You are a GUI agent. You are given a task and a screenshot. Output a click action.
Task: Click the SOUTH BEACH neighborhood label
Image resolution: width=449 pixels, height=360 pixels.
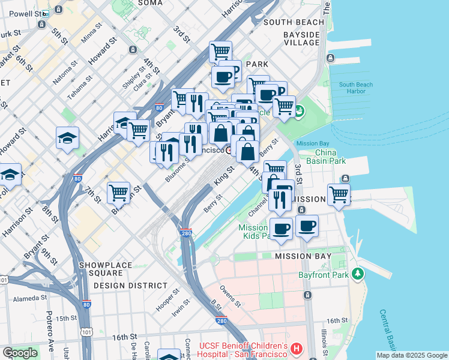(x=294, y=22)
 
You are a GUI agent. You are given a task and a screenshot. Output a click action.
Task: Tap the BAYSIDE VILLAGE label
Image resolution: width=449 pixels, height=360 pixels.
(x=302, y=38)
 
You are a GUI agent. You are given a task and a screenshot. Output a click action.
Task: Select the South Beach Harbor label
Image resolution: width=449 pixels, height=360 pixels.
(x=356, y=88)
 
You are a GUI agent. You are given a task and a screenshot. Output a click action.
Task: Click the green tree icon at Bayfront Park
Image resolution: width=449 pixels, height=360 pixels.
(x=358, y=274)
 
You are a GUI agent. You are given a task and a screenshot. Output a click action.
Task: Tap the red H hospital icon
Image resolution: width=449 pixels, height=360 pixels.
(x=295, y=349)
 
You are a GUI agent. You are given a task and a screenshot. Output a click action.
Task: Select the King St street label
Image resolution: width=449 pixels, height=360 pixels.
(x=223, y=177)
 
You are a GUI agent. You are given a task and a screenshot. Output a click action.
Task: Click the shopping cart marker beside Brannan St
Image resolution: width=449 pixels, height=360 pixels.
(x=119, y=193)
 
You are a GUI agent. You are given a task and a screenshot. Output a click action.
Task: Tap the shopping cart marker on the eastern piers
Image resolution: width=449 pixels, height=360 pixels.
(x=339, y=195)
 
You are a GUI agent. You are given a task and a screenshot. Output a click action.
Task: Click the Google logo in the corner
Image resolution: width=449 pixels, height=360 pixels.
(x=20, y=353)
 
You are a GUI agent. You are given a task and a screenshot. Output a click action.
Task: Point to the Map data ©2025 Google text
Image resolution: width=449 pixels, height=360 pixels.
(x=411, y=355)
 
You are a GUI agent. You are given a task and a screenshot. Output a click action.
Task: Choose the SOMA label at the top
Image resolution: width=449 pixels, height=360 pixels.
(x=150, y=3)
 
